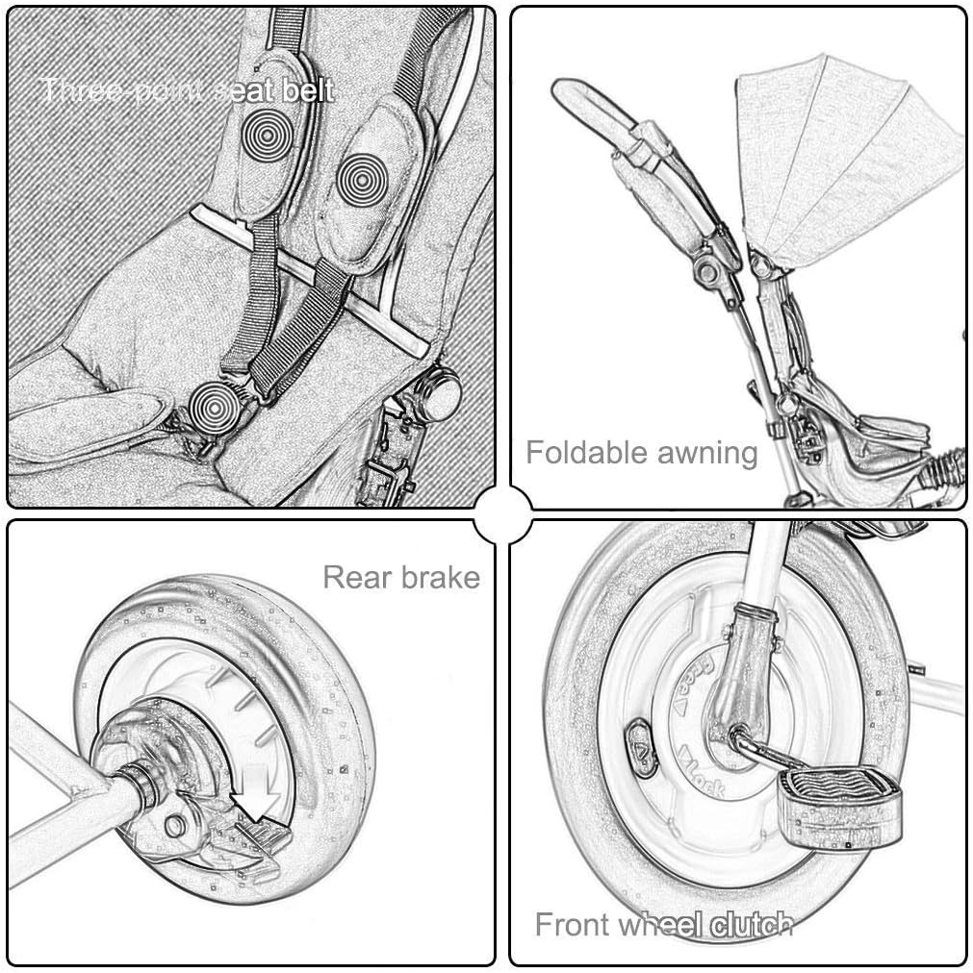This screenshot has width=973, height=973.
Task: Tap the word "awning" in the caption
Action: click(701, 452)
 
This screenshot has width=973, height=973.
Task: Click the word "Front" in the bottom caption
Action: click(572, 925)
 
